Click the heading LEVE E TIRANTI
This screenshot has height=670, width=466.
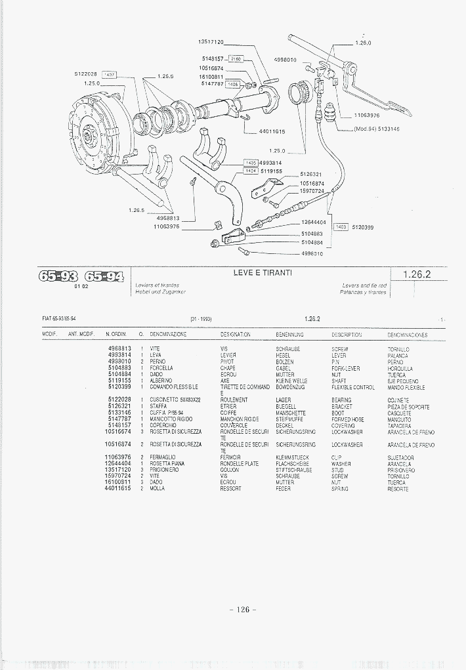point(263,272)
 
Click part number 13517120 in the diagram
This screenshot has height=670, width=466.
point(211,42)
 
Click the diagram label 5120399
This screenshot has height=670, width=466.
point(363,227)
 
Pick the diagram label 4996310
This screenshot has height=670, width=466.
point(312,253)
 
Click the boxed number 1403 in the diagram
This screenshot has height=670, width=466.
point(341,227)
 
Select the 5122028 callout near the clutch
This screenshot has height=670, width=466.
point(86,74)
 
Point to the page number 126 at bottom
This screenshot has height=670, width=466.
point(243,610)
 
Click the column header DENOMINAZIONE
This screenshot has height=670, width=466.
point(168,335)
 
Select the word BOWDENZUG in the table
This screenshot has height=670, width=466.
point(290,387)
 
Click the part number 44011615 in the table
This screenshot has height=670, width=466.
point(118,489)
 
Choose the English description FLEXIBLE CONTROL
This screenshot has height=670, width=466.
point(353,387)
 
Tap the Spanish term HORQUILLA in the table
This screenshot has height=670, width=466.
point(400,368)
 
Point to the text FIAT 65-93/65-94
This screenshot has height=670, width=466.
point(59,319)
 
